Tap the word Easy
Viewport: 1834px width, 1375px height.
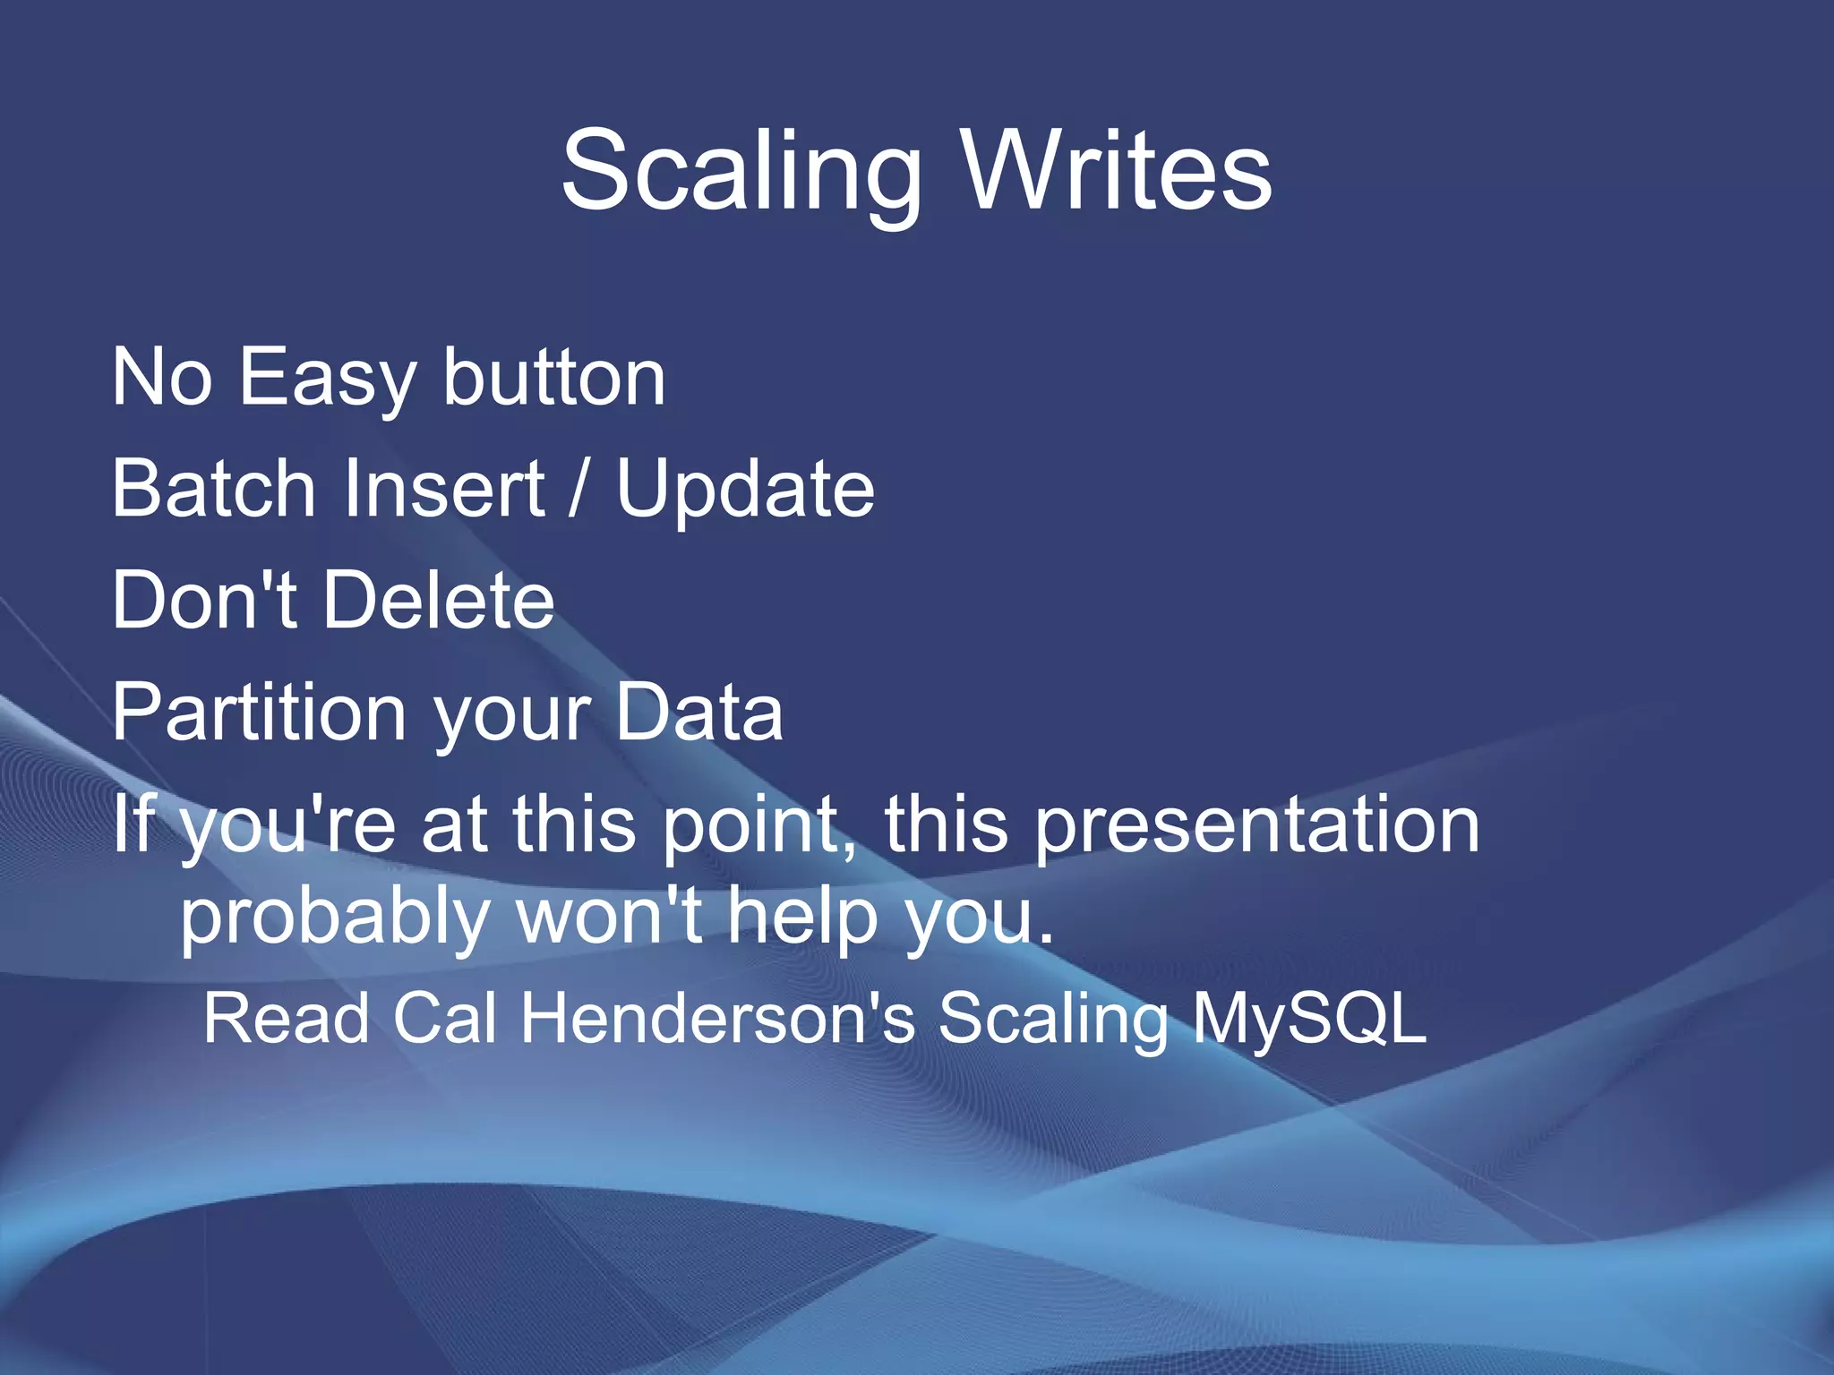point(327,378)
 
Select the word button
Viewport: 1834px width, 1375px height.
point(553,378)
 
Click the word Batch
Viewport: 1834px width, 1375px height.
point(214,489)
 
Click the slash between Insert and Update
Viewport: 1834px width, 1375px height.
point(579,489)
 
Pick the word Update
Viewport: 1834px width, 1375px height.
point(745,489)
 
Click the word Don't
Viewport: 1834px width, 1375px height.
point(203,601)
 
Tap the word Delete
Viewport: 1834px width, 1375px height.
point(438,601)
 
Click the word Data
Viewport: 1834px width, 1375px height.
point(699,713)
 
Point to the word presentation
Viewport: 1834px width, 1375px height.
point(1256,825)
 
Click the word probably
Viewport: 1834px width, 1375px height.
point(334,918)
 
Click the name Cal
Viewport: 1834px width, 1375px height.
point(445,1018)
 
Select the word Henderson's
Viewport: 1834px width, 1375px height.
point(718,1018)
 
